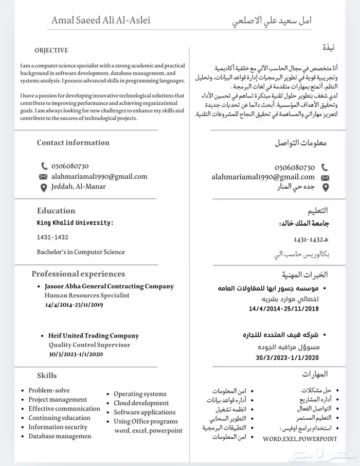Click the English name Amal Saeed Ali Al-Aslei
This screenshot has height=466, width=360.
(x=101, y=21)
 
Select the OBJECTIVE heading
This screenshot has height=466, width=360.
(x=51, y=50)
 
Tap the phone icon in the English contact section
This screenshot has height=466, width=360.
(x=44, y=166)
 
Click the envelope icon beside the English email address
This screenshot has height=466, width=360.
(x=44, y=177)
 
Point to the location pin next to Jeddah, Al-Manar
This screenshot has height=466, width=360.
(x=44, y=188)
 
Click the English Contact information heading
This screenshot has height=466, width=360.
(x=73, y=143)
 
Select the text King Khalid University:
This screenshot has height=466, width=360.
(x=75, y=223)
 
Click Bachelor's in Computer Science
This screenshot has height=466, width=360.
(x=81, y=252)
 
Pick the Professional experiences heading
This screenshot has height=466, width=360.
(x=78, y=274)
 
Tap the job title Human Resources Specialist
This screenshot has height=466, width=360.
(x=87, y=296)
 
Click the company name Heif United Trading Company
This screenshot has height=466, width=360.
(x=94, y=336)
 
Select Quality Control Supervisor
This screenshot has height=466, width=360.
(x=89, y=345)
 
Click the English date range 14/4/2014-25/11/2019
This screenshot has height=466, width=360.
(x=75, y=305)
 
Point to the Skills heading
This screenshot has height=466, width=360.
(x=47, y=376)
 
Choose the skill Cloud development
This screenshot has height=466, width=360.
(x=141, y=403)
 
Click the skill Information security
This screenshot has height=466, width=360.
(x=58, y=427)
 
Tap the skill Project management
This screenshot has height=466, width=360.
(x=58, y=400)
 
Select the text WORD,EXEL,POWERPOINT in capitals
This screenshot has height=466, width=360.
(x=300, y=439)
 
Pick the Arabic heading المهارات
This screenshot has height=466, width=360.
(x=316, y=374)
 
